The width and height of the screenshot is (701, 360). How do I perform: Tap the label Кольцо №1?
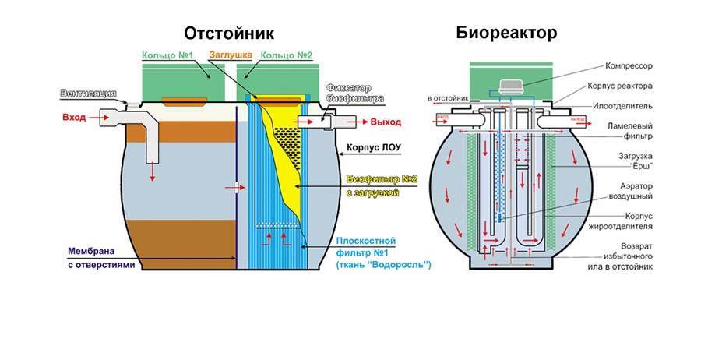pos(167,56)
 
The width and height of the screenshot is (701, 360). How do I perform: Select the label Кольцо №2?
pos(286,56)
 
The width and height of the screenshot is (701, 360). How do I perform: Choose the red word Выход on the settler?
pos(386,122)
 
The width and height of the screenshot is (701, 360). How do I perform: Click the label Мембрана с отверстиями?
pos(101,259)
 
